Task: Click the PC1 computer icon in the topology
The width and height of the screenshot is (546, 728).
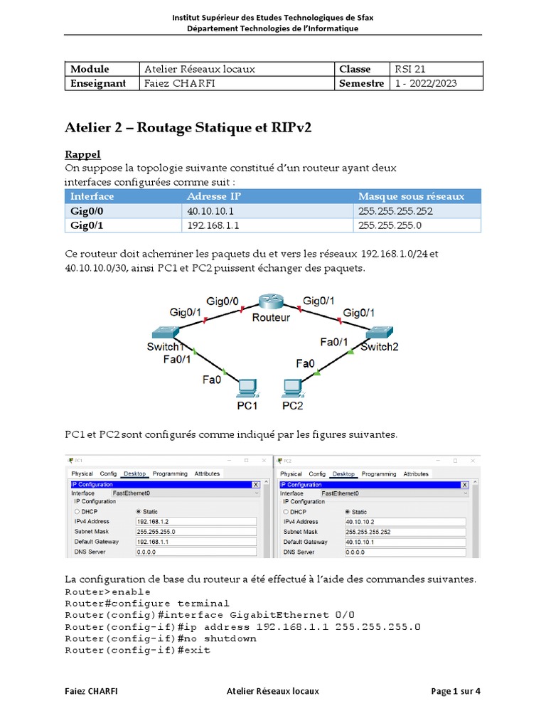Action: (247, 387)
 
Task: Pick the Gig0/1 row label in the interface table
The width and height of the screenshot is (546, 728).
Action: (86, 225)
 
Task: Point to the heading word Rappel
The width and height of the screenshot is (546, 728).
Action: (82, 154)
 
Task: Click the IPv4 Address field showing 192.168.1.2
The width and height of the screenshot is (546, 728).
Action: (196, 521)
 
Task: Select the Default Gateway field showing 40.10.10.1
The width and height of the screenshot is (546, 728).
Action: (405, 542)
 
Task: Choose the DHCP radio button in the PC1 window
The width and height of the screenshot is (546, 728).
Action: (77, 511)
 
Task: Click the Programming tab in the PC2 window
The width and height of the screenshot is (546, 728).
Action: (378, 473)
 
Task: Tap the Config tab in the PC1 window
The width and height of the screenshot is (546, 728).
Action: (108, 473)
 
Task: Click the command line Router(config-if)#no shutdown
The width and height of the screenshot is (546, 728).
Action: (161, 638)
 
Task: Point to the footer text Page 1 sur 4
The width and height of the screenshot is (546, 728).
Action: (456, 691)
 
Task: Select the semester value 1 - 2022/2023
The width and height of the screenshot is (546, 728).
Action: (427, 83)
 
